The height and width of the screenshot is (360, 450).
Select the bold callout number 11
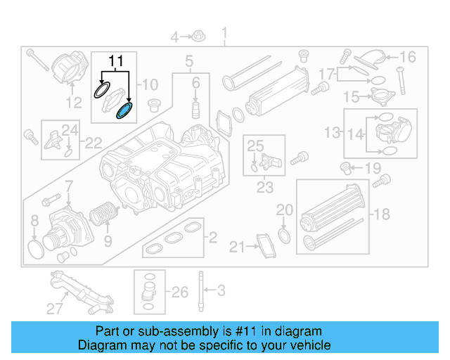(x=116, y=60)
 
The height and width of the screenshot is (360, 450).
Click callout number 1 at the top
(x=225, y=34)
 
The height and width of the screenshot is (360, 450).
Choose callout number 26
(x=180, y=292)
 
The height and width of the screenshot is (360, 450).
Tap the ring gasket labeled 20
(x=284, y=233)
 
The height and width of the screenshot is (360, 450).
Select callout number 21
(x=237, y=247)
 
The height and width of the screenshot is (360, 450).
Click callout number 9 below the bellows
(x=107, y=242)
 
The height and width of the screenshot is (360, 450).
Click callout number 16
(x=409, y=57)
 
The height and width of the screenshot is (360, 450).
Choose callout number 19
(x=372, y=168)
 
